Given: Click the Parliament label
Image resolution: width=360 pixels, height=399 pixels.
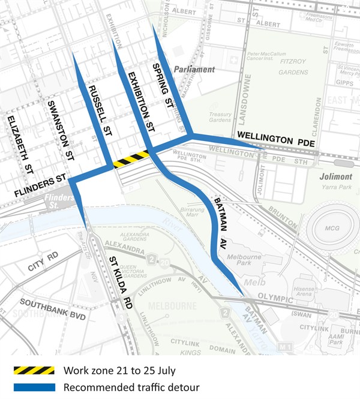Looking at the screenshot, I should tap(194, 70).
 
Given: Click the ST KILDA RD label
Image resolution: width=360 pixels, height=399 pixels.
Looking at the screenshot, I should tap(119, 283).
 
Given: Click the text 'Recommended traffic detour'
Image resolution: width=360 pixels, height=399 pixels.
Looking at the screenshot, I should tap(131, 388).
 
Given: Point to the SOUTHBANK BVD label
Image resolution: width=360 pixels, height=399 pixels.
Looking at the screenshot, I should tap(53, 310).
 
